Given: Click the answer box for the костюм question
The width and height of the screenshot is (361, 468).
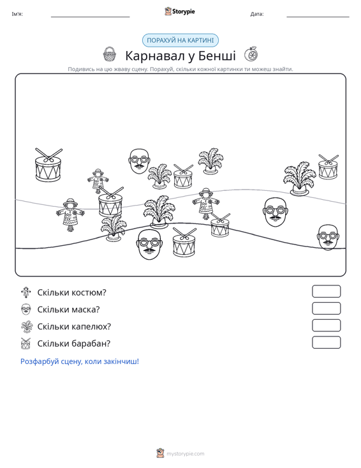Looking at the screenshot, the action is (326, 291).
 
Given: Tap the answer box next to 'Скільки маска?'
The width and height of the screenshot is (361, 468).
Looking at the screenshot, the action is (326, 308).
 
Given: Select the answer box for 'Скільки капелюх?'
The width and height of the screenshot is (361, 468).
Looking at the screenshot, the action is (326, 326).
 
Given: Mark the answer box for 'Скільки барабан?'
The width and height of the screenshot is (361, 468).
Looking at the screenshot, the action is (326, 342).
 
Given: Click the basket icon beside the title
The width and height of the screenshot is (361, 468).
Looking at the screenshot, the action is (110, 54).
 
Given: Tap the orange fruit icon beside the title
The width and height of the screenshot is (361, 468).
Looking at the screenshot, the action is (251, 54).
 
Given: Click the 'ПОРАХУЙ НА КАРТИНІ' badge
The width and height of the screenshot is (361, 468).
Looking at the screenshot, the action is (180, 40).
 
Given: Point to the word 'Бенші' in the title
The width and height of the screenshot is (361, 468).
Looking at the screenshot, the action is (217, 56).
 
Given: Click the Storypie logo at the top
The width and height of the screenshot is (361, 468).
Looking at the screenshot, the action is (180, 11).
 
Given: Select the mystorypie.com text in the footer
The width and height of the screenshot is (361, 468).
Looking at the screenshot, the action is (186, 454).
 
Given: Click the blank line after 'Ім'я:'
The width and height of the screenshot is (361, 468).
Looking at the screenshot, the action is (91, 17).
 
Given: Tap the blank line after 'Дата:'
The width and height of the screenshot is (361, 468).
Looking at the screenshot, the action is (318, 17).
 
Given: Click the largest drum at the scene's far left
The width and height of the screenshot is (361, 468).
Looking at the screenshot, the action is (48, 165).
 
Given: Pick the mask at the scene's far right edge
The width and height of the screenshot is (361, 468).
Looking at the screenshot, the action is (328, 238).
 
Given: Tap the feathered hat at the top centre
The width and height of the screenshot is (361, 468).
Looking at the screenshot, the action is (211, 161).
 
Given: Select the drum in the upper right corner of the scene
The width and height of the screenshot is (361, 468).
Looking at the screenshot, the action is (328, 167).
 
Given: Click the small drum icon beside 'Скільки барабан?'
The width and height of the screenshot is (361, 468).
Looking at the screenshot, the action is (26, 343).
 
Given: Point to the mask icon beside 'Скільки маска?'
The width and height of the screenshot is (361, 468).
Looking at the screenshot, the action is (26, 309).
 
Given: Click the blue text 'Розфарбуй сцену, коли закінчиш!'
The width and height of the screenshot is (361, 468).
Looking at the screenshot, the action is (80, 361).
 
